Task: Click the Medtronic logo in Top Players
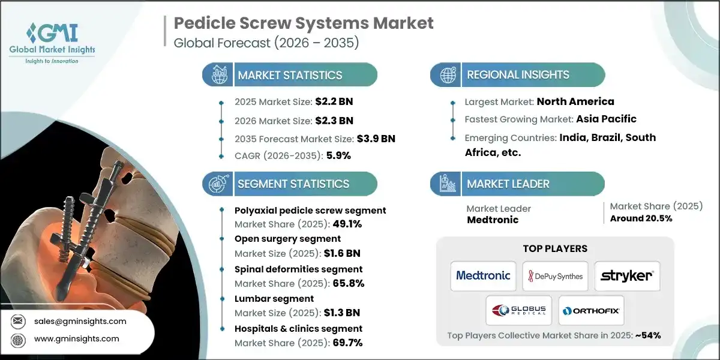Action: click(x=483, y=275)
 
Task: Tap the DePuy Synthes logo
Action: click(x=555, y=275)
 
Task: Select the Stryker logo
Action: click(x=627, y=275)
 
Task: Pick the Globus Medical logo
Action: click(x=519, y=310)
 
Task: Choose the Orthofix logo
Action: click(x=591, y=310)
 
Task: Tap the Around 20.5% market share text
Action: click(x=641, y=218)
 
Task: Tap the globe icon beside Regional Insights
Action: click(x=448, y=75)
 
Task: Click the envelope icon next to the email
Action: click(x=19, y=321)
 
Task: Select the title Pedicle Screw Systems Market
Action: click(x=304, y=23)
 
